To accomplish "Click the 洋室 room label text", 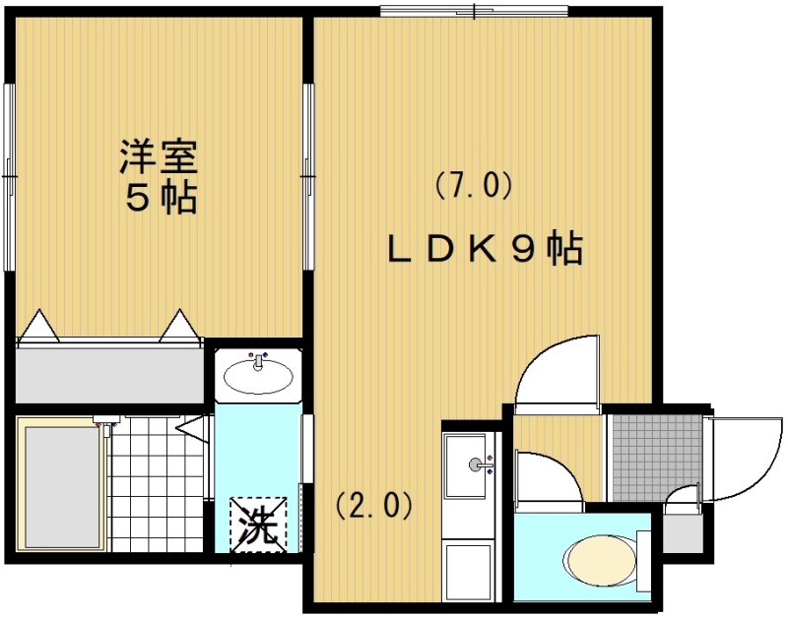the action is (x=159, y=156).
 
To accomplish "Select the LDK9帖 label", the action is (x=485, y=249).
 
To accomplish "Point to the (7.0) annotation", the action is (x=474, y=186).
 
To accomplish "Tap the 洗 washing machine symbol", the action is (x=258, y=525).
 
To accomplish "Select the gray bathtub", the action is (x=62, y=487).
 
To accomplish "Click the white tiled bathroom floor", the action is (x=158, y=485).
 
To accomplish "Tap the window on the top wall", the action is (x=474, y=11).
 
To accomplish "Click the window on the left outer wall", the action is (x=9, y=177).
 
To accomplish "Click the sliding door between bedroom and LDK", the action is (x=308, y=177).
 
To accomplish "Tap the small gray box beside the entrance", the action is (x=683, y=533).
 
